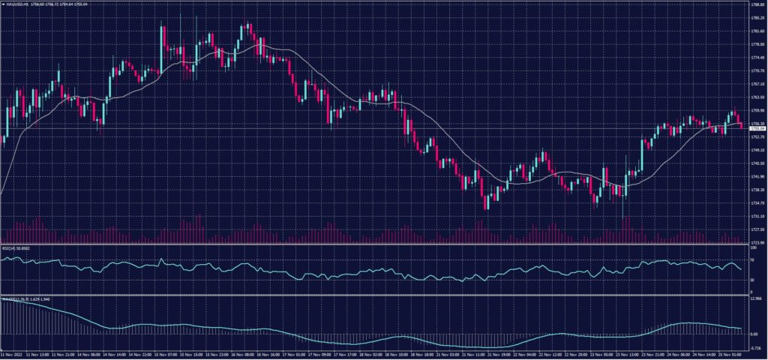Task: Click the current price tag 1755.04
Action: pos(756,129)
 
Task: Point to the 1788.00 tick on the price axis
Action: pos(756,4)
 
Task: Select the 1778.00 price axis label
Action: pos(756,44)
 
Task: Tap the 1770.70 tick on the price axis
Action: pos(756,70)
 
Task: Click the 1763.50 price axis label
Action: pos(756,97)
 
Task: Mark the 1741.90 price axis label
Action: pos(756,176)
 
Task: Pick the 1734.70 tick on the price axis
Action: pos(756,202)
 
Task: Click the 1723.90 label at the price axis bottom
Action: pos(756,242)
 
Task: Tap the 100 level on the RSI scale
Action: pos(753,249)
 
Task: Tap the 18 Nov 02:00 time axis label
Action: pos(373,353)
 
